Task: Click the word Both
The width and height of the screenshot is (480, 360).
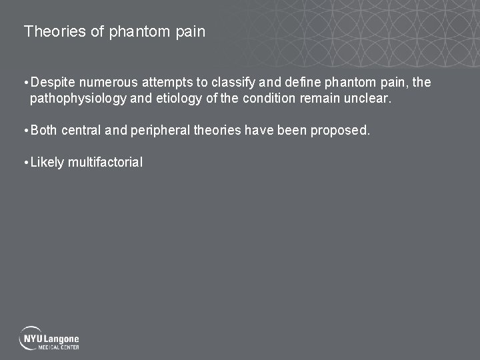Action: (44, 130)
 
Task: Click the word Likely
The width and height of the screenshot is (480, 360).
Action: (47, 162)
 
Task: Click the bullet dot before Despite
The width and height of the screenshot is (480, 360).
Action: (25, 83)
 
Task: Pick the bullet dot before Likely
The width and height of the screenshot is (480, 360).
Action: (25, 162)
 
